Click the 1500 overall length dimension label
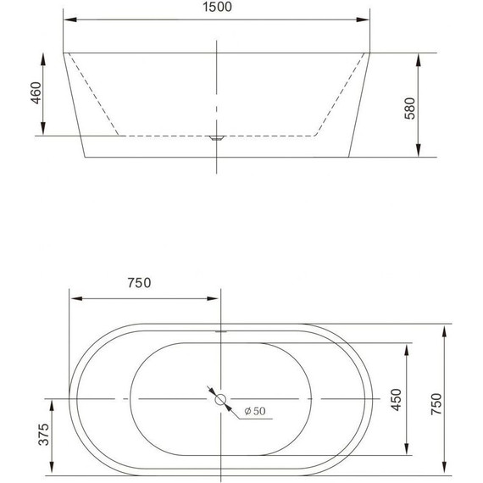[x=218, y=8]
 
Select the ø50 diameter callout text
[x=254, y=411]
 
